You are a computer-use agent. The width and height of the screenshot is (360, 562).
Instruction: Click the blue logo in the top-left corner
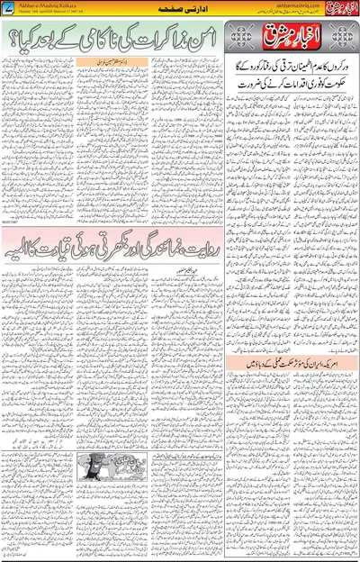click(x=9, y=8)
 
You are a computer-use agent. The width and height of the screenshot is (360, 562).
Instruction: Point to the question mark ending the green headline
click(x=13, y=41)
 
